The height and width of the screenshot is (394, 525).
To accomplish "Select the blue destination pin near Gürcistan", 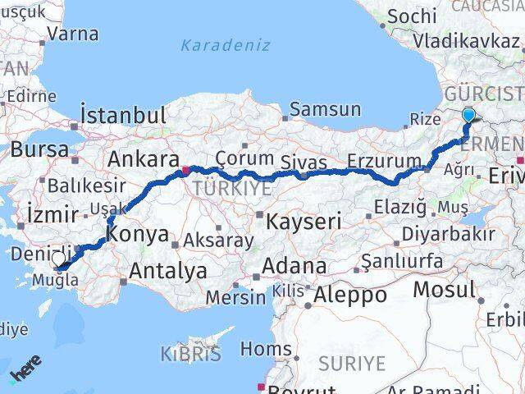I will coord(468,116).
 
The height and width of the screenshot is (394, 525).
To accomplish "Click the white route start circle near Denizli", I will coord(58,260).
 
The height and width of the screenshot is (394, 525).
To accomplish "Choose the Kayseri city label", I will coord(304,220).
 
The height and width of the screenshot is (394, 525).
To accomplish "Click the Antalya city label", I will coord(168,270).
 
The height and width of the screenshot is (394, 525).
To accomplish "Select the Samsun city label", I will coord(326,109).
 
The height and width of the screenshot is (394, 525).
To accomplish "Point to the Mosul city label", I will coord(444,289).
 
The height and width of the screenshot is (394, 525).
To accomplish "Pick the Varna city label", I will coord(73,34).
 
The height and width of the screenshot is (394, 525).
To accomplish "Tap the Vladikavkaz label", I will coord(466,40).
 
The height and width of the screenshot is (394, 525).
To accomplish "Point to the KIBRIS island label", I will coord(192,355).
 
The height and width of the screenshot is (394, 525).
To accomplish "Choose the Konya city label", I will coord(137,232).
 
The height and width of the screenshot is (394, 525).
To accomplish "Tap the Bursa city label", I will coord(39,149).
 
